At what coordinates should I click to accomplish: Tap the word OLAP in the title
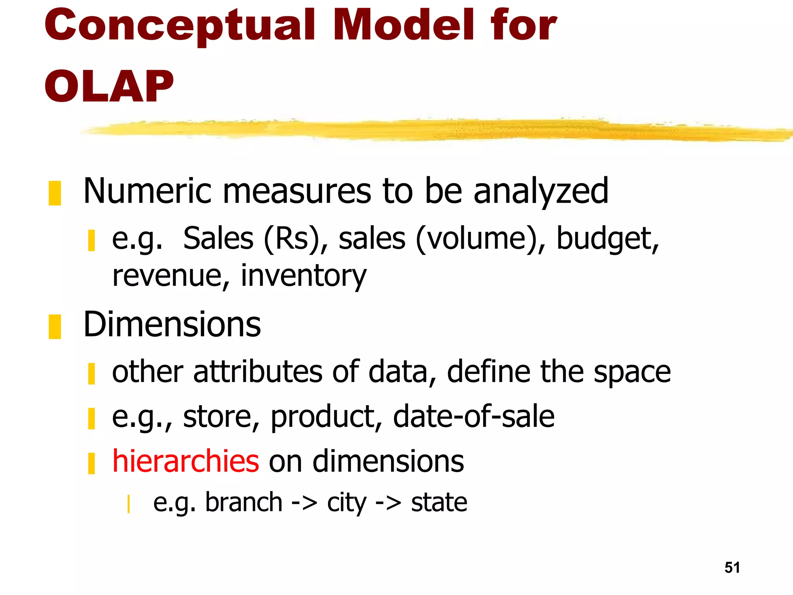coord(109,87)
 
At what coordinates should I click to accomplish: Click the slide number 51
coord(732,567)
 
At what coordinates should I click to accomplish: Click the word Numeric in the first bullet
coord(148,191)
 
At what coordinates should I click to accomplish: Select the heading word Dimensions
coord(172,325)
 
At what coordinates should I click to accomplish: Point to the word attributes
coord(257,371)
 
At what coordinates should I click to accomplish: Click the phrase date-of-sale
coord(474,416)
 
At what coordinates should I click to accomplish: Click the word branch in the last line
coord(244,502)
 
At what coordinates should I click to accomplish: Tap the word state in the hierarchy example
coord(439,502)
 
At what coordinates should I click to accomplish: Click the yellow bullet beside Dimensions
coord(55,327)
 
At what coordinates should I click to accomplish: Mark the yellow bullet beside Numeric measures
coord(55,193)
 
